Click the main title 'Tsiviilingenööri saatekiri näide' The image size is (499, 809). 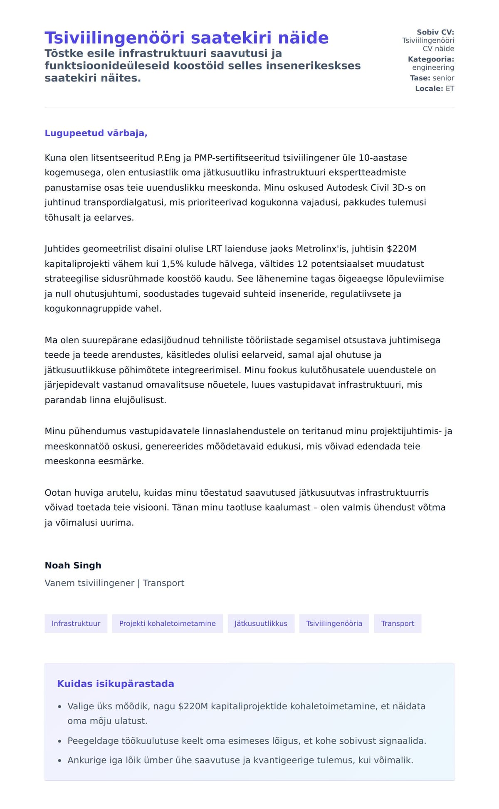point(186,38)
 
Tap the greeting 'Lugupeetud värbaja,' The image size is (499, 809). point(96,133)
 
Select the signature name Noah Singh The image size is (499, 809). point(73,565)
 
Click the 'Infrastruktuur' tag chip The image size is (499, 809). point(76,623)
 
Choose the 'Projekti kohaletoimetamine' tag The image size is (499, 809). point(167,623)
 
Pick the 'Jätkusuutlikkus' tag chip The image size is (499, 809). point(261,623)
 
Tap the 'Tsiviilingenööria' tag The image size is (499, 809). point(334,623)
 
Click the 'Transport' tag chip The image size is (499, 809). point(398,623)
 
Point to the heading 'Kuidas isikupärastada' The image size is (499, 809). point(116,684)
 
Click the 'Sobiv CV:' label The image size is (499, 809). point(435,32)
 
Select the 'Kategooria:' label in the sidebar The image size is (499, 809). point(431,59)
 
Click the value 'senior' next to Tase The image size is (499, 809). point(443,78)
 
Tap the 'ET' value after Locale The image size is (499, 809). point(450,89)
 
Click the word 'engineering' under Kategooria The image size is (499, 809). point(433,67)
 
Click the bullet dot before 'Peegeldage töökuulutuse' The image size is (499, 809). point(59,741)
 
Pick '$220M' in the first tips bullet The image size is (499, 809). point(193,706)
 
